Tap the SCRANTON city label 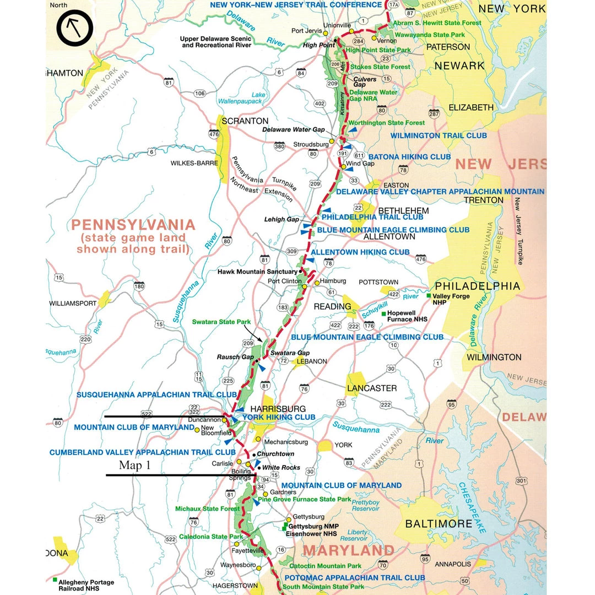(245, 121)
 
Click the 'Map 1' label (134, 465)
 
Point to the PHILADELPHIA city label (477, 286)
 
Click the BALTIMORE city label (439, 523)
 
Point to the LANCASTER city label (372, 388)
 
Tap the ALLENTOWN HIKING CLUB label (360, 252)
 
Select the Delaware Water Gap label (294, 129)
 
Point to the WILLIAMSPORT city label (72, 303)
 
